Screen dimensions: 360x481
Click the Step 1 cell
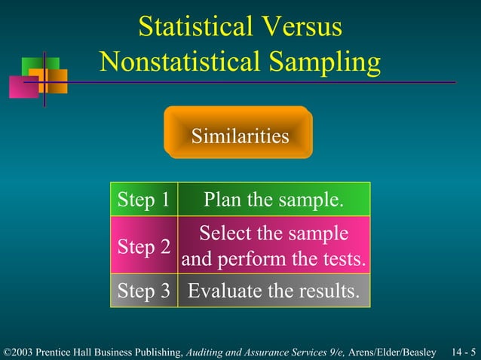tap(144, 200)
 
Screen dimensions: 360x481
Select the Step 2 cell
tap(144, 246)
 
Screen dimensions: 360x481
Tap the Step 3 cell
tap(144, 291)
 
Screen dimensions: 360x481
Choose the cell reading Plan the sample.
tap(274, 200)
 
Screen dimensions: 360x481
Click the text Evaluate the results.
tap(274, 291)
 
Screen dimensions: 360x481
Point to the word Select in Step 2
tap(223, 233)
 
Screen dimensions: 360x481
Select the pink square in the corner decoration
tap(23, 88)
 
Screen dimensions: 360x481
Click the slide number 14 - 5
tap(463, 352)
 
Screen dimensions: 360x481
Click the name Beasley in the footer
tap(419, 352)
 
